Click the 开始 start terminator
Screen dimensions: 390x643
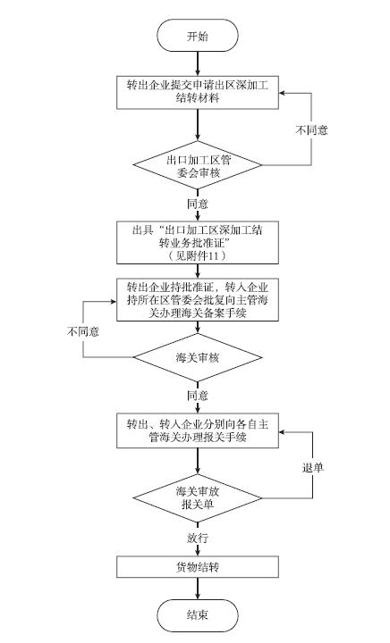click(198, 36)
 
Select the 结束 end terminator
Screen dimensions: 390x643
click(198, 614)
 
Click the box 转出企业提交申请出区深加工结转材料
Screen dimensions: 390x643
click(198, 92)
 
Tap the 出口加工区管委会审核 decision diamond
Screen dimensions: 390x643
click(198, 166)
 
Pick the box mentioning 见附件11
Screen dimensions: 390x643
click(198, 242)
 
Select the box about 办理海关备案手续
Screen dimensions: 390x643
click(198, 300)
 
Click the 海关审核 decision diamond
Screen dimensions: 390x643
click(198, 357)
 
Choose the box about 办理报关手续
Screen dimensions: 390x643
click(198, 430)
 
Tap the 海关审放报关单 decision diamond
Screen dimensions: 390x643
click(198, 498)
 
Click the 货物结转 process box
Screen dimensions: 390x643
click(198, 567)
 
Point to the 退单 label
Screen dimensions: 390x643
click(313, 468)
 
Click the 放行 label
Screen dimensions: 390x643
click(198, 539)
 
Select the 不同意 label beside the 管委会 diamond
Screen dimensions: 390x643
click(311, 130)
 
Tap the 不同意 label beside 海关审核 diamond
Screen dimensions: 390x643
click(83, 331)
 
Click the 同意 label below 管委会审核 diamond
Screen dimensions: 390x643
click(198, 204)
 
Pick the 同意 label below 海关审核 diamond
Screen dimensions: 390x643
click(198, 396)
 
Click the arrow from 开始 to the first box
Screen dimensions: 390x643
click(198, 64)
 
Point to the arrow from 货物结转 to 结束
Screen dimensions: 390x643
click(198, 589)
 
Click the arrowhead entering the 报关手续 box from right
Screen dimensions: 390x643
click(282, 432)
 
